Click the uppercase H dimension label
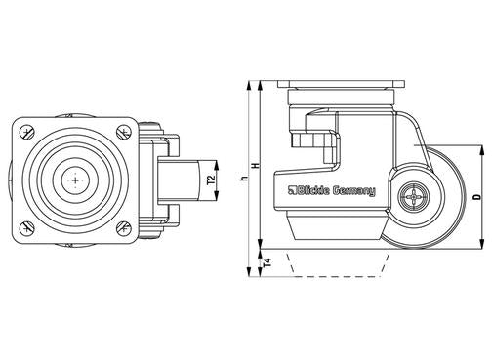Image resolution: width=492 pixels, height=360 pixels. point(256,167)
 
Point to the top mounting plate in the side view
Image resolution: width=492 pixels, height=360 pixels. point(339,87)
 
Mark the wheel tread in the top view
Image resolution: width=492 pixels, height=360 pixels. point(179,180)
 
